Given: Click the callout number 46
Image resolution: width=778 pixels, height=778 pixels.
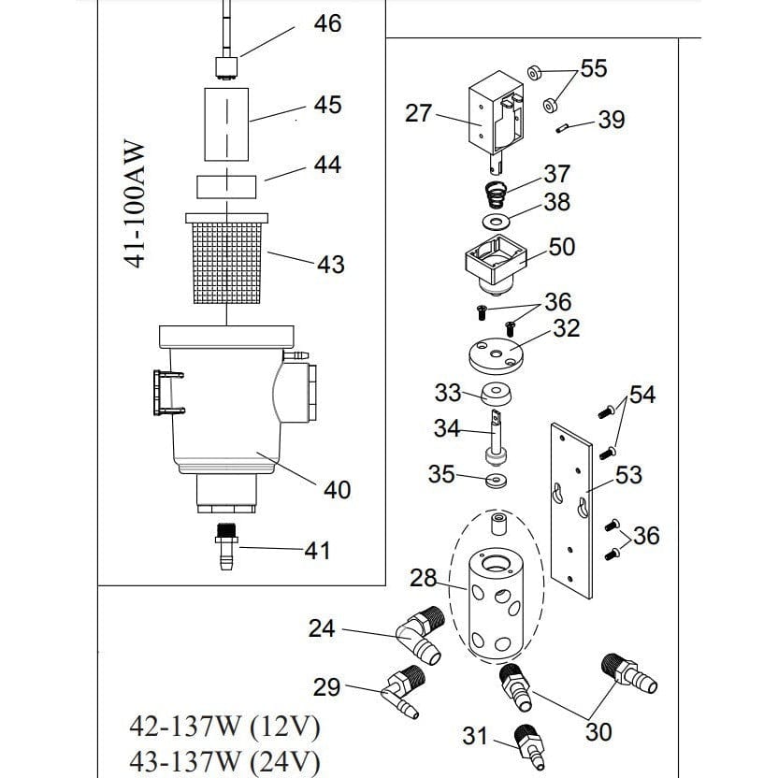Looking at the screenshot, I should [x=326, y=23].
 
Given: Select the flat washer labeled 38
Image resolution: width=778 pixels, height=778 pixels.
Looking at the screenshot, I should [x=492, y=221].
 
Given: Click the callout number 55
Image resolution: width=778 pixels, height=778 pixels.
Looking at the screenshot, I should [x=593, y=68].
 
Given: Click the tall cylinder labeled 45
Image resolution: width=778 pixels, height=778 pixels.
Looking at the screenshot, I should [x=228, y=122].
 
